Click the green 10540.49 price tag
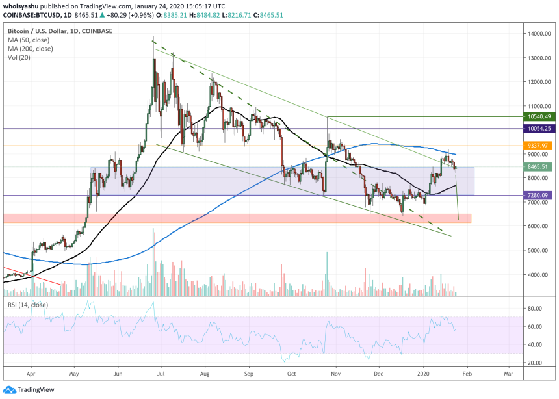pos(539,117)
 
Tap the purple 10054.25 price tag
pos(539,129)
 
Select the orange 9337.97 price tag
pos(539,146)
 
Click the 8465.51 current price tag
pos(539,167)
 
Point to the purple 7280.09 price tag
pos(539,195)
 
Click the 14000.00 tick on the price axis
pos(539,34)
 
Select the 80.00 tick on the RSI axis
pos(536,308)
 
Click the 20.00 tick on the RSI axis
pos(536,363)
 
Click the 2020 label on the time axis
pos(424,375)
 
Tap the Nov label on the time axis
pos(336,375)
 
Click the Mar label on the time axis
pos(509,375)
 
